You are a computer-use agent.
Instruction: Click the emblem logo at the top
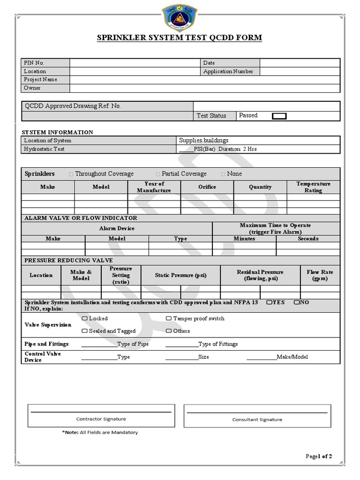pos(180,17)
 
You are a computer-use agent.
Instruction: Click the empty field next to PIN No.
pos(135,63)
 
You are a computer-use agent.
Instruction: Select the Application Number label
pos(228,71)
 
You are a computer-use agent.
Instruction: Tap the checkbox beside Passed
pos(279,116)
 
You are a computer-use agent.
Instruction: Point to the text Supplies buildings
pos(203,140)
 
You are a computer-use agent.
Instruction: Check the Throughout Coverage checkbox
pos(71,174)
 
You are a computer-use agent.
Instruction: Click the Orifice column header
pos(207,187)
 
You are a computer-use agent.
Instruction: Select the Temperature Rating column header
pos(313,187)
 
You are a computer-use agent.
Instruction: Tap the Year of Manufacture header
pos(154,187)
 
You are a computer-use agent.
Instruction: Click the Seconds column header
pos(308,239)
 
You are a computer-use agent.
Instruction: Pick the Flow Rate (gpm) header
pos(320,275)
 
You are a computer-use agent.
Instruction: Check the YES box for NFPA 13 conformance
pos(269,302)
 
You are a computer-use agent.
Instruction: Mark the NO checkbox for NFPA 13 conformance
pos(297,302)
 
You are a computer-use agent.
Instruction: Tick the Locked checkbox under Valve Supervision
pos(85,318)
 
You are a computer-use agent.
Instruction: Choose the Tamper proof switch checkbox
pos(168,318)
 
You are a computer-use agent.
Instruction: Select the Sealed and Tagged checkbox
pos(85,331)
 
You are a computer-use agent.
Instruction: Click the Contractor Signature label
pos(101,419)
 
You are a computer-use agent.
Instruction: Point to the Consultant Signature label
pos(257,420)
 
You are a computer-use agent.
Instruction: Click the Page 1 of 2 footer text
pos(319,456)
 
